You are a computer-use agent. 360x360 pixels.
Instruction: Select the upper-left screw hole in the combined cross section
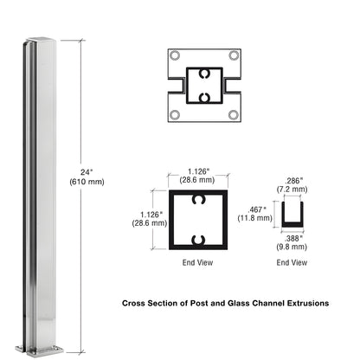176,56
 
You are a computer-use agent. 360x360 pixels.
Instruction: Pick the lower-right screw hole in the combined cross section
233,114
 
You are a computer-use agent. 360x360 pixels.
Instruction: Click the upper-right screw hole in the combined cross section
233,56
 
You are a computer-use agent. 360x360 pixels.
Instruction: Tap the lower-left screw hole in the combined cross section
176,114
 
